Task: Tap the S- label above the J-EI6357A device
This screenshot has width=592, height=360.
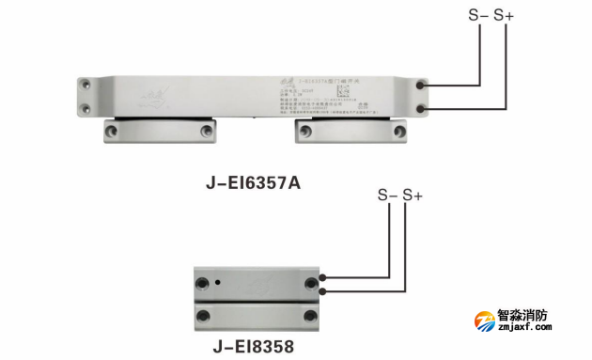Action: (479, 16)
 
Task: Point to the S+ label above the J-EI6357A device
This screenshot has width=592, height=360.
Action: (505, 16)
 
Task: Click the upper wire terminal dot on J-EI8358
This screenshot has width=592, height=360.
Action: (323, 278)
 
